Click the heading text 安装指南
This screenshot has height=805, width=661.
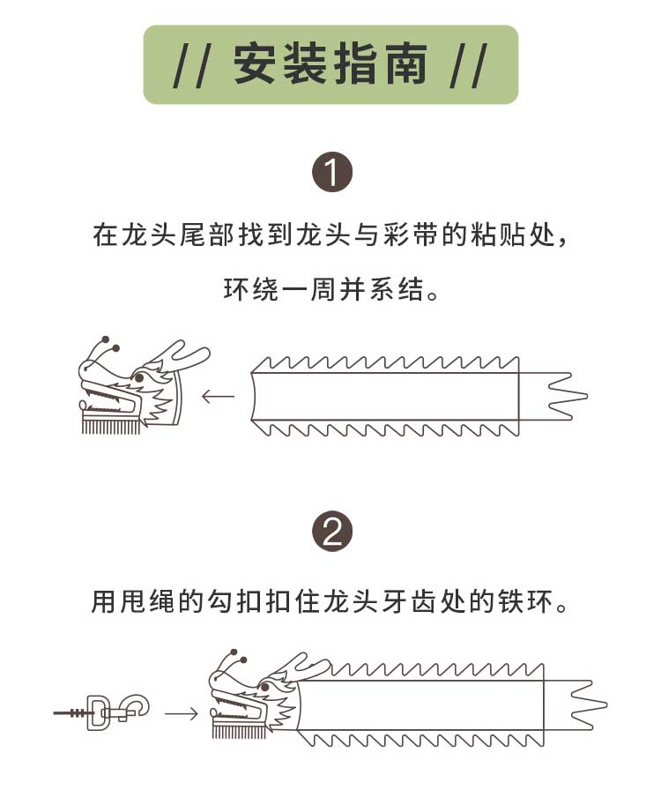click(330, 65)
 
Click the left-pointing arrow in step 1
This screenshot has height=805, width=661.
click(219, 396)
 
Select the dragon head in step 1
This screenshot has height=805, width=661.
click(132, 388)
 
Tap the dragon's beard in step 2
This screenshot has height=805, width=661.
click(232, 731)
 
